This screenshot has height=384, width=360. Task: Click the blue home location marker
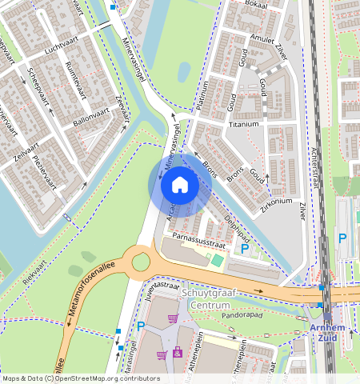click(180, 185)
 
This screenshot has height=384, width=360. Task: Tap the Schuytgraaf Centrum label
click(209, 299)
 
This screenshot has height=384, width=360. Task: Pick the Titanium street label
click(245, 124)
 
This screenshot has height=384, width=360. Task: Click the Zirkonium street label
click(277, 202)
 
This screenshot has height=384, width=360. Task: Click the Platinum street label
click(202, 95)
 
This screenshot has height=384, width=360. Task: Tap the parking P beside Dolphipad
click(245, 250)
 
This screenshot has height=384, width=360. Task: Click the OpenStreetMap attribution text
click(81, 378)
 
